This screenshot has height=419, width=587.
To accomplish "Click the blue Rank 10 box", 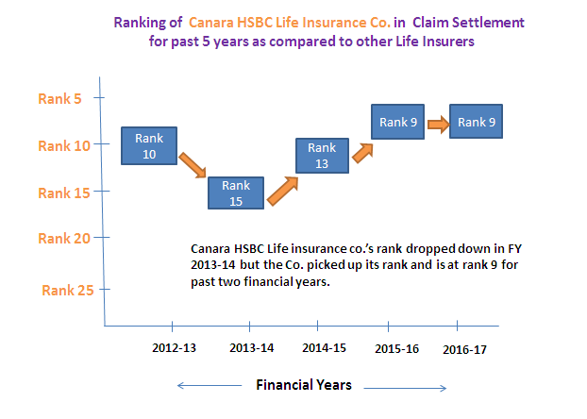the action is pos(149,145).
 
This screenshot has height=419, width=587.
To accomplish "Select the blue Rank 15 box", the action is pos(236,193).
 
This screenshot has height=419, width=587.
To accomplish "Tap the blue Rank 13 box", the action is pos(322,156).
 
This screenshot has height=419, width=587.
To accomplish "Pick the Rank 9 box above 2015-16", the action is pos(397,122).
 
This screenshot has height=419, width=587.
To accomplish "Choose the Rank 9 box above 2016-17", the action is pos(476,122).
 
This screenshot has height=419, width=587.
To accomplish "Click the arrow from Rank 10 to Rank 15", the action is pos(193,165).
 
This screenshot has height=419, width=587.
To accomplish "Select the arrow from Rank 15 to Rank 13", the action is pos(282,191).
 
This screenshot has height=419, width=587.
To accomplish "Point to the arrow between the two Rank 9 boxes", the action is pos(439,124).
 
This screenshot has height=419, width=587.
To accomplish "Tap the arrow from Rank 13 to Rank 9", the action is pos(362,153).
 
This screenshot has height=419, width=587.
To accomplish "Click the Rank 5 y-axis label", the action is pos(59,99).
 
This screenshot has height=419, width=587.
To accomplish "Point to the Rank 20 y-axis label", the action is pos(64,239).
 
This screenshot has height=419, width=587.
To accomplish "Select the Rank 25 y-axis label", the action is pos(67,291).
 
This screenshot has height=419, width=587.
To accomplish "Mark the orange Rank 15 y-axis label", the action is pos(64,193).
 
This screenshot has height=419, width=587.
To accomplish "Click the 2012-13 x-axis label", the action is pos(174,348).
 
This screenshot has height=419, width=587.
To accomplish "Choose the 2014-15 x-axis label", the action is pos(325,348).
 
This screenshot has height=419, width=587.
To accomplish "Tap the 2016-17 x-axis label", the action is pos(464,350).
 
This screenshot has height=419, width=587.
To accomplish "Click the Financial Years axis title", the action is pos(304,385).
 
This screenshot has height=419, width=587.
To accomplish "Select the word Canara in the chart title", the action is pos(211,23).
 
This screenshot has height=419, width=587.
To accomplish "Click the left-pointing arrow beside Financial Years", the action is pos(210,385).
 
